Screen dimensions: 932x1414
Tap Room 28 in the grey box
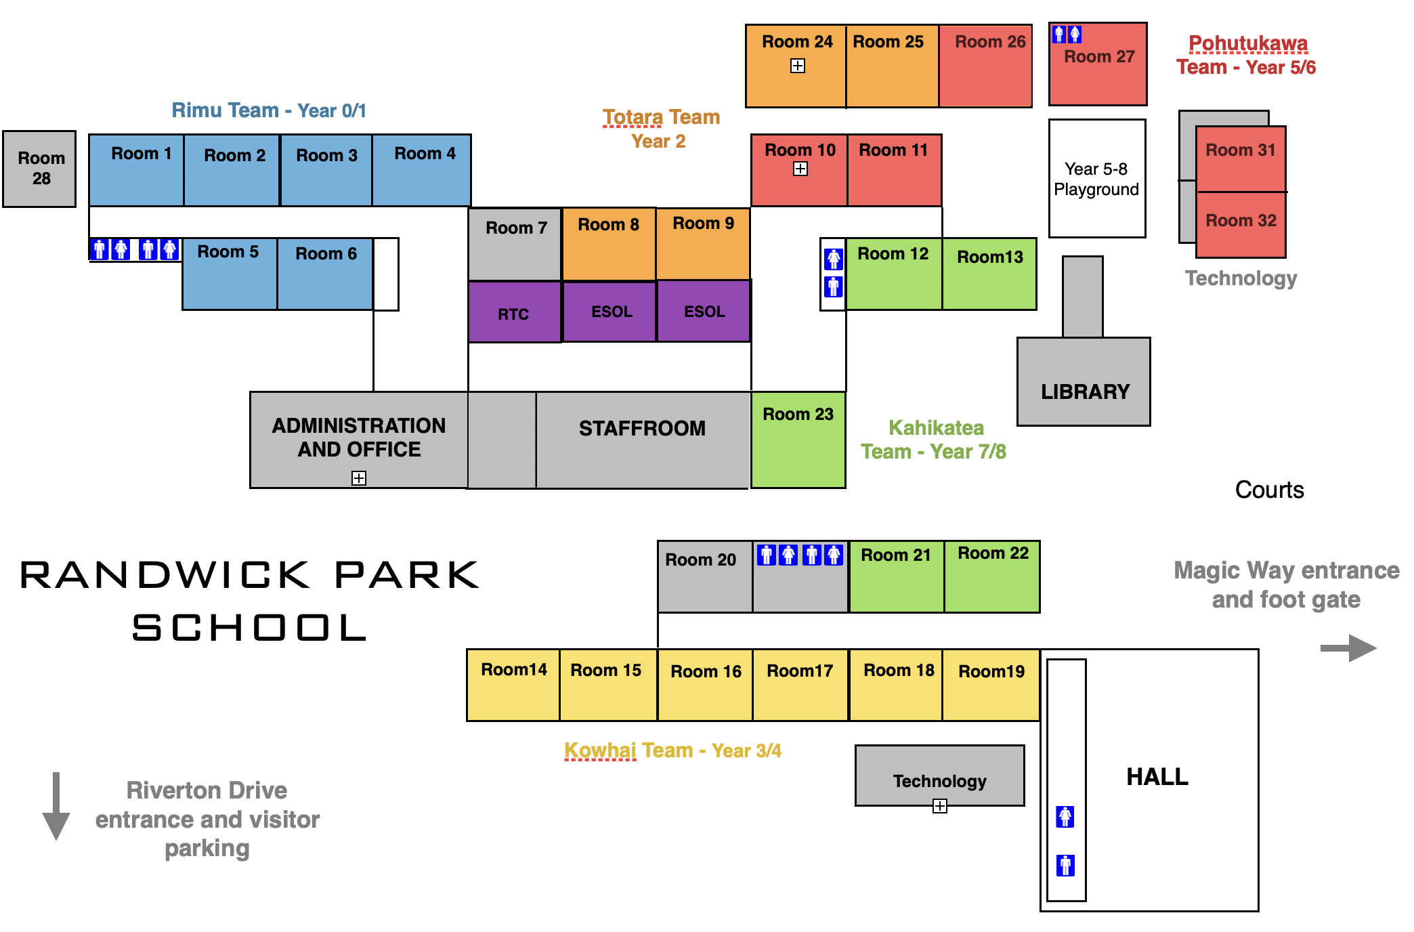tap(40, 169)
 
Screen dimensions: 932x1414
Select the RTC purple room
tap(514, 313)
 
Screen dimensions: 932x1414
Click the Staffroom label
tap(642, 428)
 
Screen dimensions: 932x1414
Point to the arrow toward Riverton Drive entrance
tap(56, 806)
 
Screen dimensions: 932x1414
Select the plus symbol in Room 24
tap(798, 66)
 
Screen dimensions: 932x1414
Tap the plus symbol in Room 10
tap(800, 169)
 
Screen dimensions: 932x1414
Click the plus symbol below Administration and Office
tap(359, 478)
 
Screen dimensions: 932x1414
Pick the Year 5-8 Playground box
tap(1096, 179)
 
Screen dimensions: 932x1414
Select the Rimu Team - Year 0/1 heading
tap(269, 110)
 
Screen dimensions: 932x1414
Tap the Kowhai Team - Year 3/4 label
tap(672, 750)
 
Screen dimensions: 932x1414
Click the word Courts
tap(1269, 490)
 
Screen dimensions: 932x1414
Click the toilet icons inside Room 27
tap(1067, 35)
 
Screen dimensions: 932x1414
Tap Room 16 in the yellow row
tap(705, 684)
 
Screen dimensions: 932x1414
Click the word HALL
tap(1157, 777)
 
